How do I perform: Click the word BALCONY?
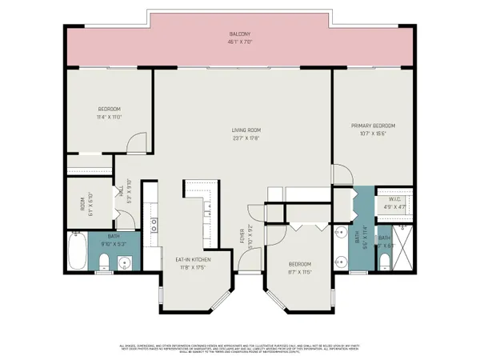click(239, 34)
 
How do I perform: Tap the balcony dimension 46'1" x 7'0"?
click(239, 42)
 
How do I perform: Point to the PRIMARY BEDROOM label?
click(374, 126)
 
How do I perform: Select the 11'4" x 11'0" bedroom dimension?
click(108, 116)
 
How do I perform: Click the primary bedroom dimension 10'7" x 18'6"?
click(374, 133)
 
